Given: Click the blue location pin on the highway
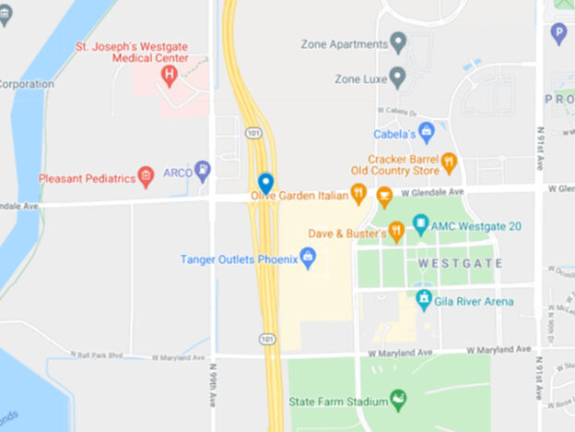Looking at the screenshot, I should (265, 182).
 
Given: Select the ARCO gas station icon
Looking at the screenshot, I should (203, 170).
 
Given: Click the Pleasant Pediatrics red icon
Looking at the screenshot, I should (145, 177).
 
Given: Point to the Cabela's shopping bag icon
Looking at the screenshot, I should (426, 133).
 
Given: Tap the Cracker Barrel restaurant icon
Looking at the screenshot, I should (449, 163).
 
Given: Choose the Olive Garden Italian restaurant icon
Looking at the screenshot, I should (358, 194).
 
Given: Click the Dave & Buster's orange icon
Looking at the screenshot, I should (397, 232).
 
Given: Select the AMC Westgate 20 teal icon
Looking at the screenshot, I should (421, 224).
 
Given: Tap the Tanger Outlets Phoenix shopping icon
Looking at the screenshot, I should (309, 258).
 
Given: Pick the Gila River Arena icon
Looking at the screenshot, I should (424, 300).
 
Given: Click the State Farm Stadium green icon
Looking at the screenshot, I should (399, 400).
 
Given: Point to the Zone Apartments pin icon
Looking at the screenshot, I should (398, 42).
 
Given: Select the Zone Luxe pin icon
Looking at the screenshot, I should (397, 78).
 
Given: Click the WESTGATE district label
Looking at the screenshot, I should (460, 263).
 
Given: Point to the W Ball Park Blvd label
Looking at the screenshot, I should (97, 354).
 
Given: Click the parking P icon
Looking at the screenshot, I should (557, 34).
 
